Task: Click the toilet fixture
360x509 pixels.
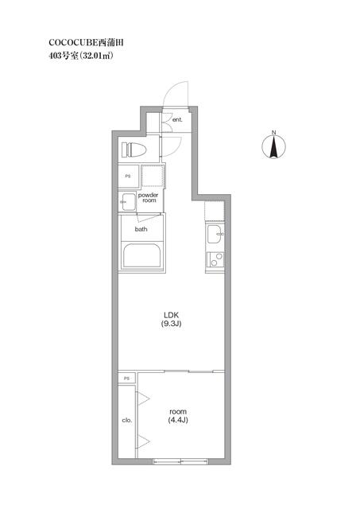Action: [134, 149]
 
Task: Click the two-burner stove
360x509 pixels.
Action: [214, 258]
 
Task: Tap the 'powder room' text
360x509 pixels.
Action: [149, 198]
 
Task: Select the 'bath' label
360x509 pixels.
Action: [141, 229]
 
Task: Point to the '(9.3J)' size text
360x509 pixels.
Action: [172, 324]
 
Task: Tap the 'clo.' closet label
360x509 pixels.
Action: [126, 419]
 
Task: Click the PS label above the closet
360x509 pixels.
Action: [126, 379]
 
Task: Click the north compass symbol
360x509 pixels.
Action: [273, 147]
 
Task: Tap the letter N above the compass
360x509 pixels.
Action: [273, 132]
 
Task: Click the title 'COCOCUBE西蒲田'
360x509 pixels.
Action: [75, 40]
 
